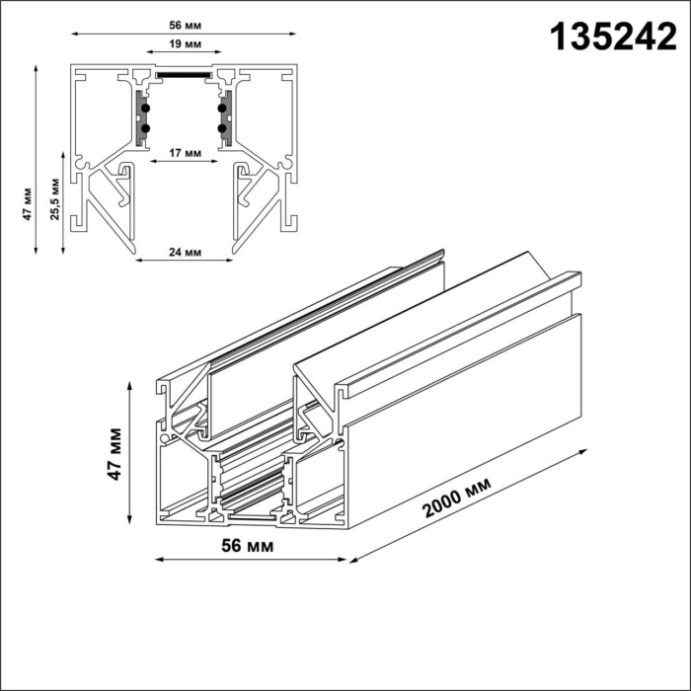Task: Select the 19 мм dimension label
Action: coord(186,45)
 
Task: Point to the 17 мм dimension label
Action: coord(186,153)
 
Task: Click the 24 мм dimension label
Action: coord(186,252)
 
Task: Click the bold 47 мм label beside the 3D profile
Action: coord(116,454)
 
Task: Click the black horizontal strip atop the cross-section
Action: coord(186,73)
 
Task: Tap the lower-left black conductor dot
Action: coord(146,128)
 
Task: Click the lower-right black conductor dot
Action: coord(224,128)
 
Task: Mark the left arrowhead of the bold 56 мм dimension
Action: coord(159,560)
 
